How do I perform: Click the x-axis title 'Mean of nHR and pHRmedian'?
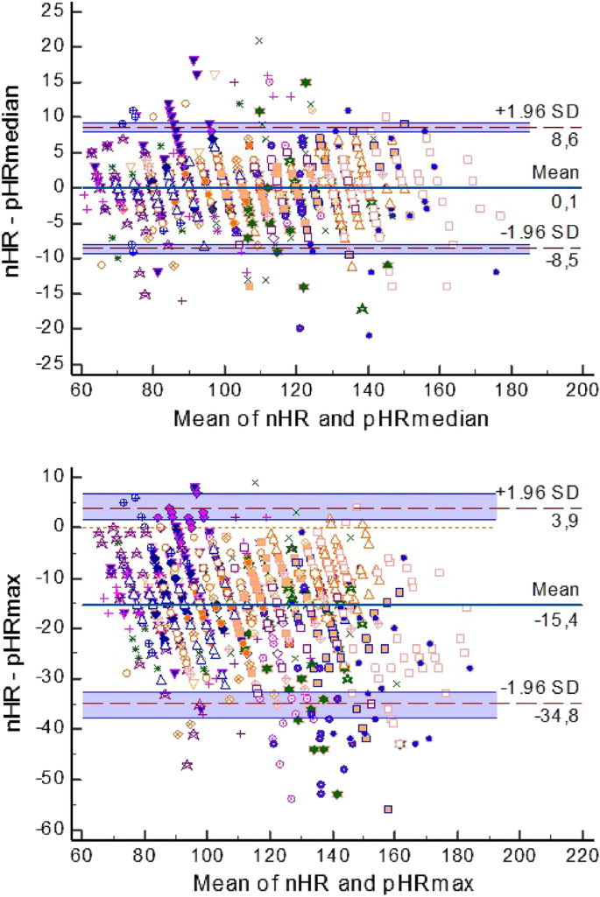coord(329,418)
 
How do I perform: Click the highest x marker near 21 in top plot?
coord(258,40)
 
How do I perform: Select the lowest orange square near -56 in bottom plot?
coord(387,809)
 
